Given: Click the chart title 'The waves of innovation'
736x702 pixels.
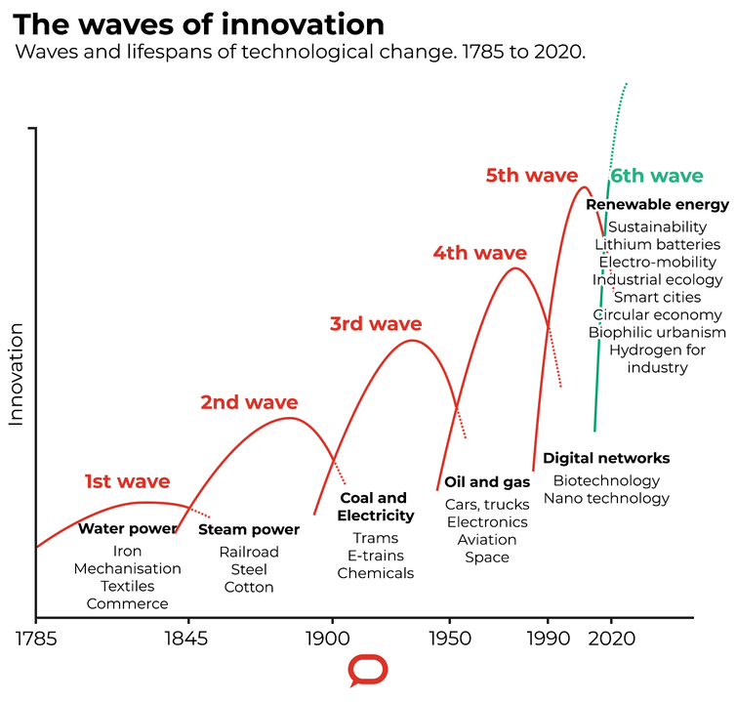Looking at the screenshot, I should [198, 23].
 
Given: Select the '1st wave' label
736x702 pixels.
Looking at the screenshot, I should [127, 481].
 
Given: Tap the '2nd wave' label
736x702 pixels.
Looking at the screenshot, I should [249, 401].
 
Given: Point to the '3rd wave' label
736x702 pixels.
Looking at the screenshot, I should [375, 324].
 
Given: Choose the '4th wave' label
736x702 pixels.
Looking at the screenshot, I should [479, 253].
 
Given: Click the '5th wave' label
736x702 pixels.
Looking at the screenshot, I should [532, 176].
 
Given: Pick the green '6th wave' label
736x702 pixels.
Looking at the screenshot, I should [656, 176].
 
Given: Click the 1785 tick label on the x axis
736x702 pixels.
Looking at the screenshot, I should [36, 641].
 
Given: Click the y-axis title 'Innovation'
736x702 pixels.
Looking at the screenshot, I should [16, 376].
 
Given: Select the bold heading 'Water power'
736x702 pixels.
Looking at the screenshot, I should [127, 529].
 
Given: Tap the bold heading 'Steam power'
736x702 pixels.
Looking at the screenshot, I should [249, 530].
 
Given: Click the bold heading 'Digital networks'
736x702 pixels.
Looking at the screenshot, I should [606, 458].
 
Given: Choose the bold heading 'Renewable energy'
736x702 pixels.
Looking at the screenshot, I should [657, 205].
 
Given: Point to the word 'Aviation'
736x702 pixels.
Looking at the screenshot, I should [486, 540].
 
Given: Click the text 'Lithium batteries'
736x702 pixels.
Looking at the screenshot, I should [657, 244].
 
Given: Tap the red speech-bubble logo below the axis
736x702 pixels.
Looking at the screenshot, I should [368, 672].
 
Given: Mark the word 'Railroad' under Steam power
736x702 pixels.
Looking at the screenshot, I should [249, 552].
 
